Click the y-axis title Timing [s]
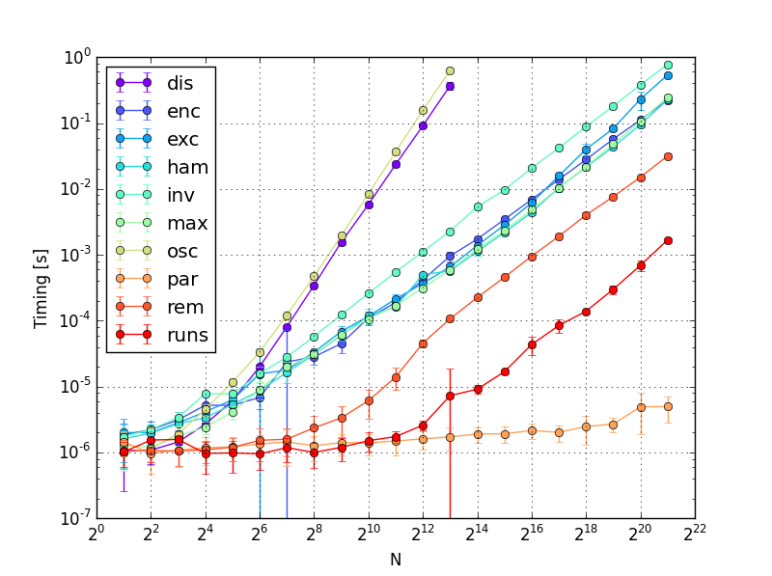pyautogui.click(x=41, y=288)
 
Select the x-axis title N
pyautogui.click(x=395, y=559)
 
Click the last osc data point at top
pyautogui.click(x=450, y=71)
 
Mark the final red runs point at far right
pyautogui.click(x=668, y=240)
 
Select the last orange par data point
pyautogui.click(x=668, y=406)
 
